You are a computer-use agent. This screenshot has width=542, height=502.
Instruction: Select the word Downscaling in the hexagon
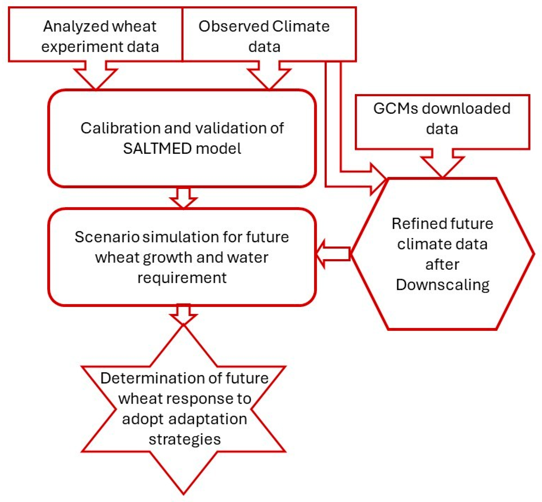[x=442, y=285]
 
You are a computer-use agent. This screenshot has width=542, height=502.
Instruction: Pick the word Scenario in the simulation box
[x=107, y=237]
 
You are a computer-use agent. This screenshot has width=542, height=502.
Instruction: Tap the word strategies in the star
[x=185, y=439]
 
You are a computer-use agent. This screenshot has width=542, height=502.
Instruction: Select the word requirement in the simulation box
[x=182, y=278]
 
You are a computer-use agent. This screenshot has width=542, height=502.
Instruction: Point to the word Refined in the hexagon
[x=415, y=224]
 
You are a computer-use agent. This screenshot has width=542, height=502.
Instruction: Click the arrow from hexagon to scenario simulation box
[x=333, y=254]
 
